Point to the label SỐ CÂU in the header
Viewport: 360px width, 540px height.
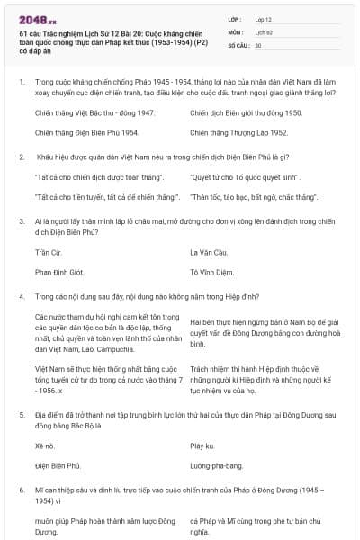click(x=238, y=44)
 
